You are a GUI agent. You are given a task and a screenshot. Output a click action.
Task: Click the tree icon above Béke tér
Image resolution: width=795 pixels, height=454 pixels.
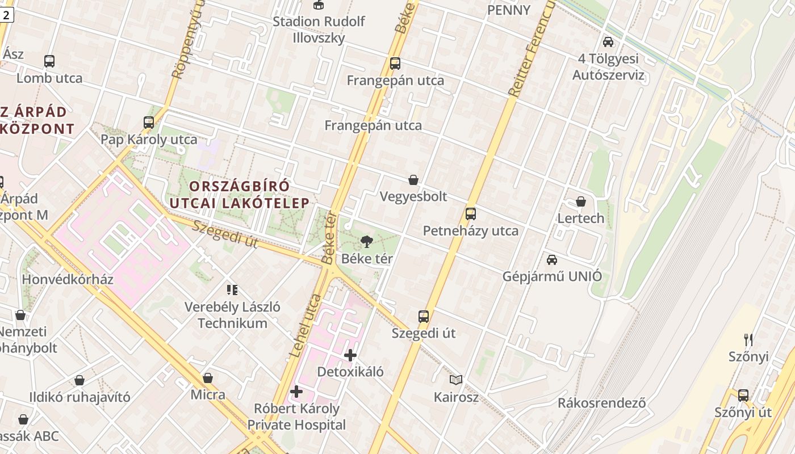[x=367, y=242]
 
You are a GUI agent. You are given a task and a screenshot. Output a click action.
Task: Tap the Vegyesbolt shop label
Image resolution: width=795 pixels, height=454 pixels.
[x=413, y=196]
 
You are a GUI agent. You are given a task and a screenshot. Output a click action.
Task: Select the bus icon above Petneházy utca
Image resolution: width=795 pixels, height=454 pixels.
[x=470, y=214]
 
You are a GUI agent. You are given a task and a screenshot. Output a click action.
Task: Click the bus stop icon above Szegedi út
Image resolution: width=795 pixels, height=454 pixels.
[x=424, y=317]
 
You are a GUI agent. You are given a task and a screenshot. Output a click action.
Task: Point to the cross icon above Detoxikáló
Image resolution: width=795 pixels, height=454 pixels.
[x=350, y=356]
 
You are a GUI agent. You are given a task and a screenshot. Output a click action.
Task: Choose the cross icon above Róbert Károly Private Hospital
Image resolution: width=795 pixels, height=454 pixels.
[x=296, y=392]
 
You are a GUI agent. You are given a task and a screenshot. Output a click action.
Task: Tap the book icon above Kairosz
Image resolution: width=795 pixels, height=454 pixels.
[x=456, y=380]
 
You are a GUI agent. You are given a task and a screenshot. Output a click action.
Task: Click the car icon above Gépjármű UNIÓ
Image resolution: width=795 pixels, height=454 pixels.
[x=552, y=260]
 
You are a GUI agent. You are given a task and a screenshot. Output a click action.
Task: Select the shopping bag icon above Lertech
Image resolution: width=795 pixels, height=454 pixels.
[x=581, y=201]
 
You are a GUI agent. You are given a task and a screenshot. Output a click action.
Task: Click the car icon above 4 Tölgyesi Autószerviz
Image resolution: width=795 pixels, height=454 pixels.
[x=608, y=42]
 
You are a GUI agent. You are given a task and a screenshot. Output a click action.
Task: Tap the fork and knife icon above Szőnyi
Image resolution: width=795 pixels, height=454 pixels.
[x=748, y=340]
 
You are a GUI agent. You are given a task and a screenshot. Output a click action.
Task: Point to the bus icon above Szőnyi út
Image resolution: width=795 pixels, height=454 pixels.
[x=743, y=396]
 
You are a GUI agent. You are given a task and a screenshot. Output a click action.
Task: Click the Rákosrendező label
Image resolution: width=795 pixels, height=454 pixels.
[x=601, y=403]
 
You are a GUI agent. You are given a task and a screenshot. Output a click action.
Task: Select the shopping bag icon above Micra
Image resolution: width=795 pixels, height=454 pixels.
[x=208, y=378]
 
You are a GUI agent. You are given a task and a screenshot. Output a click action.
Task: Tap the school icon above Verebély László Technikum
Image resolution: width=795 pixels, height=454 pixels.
[x=232, y=290]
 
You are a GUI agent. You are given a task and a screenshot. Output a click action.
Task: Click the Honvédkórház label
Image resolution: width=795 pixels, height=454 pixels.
[x=68, y=279]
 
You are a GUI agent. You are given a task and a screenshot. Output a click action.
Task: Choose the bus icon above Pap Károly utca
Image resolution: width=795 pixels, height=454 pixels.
[x=149, y=122]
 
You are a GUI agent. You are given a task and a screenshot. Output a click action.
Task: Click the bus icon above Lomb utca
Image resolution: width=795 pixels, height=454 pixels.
[x=49, y=61]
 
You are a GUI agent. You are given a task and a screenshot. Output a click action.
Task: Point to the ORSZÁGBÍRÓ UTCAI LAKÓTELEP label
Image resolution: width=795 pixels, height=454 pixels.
[x=240, y=194]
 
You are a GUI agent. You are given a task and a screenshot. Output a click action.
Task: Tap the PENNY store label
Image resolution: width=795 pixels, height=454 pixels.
[x=509, y=10]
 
